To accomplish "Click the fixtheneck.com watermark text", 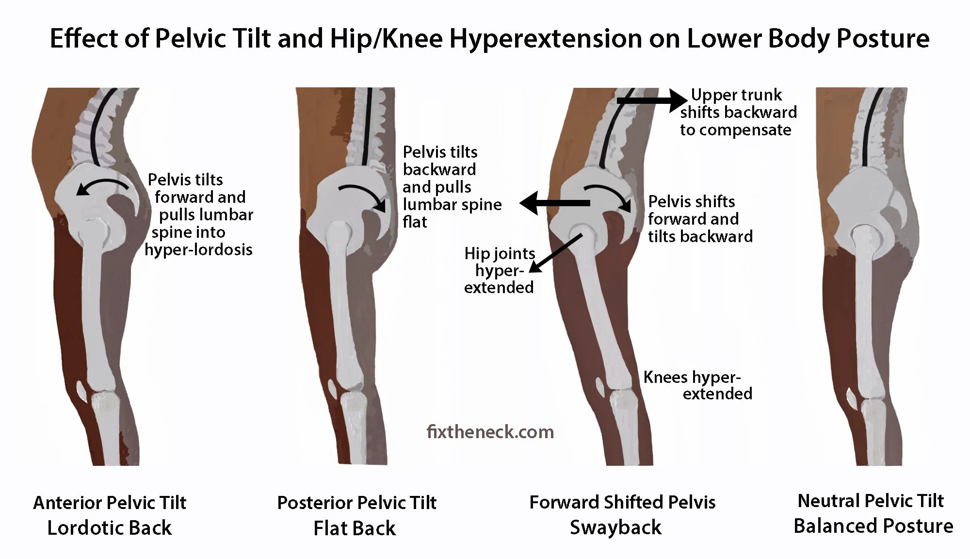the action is (490, 431).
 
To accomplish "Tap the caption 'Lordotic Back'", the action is (109, 528).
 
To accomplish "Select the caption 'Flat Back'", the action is (355, 528).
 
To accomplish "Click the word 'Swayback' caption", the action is (615, 527).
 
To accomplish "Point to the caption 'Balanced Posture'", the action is (873, 526).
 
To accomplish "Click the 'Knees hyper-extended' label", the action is (697, 385).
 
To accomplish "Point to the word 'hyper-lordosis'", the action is (198, 250).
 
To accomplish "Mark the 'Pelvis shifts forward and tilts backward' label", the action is (700, 219).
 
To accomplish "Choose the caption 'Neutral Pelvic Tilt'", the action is (871, 501).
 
